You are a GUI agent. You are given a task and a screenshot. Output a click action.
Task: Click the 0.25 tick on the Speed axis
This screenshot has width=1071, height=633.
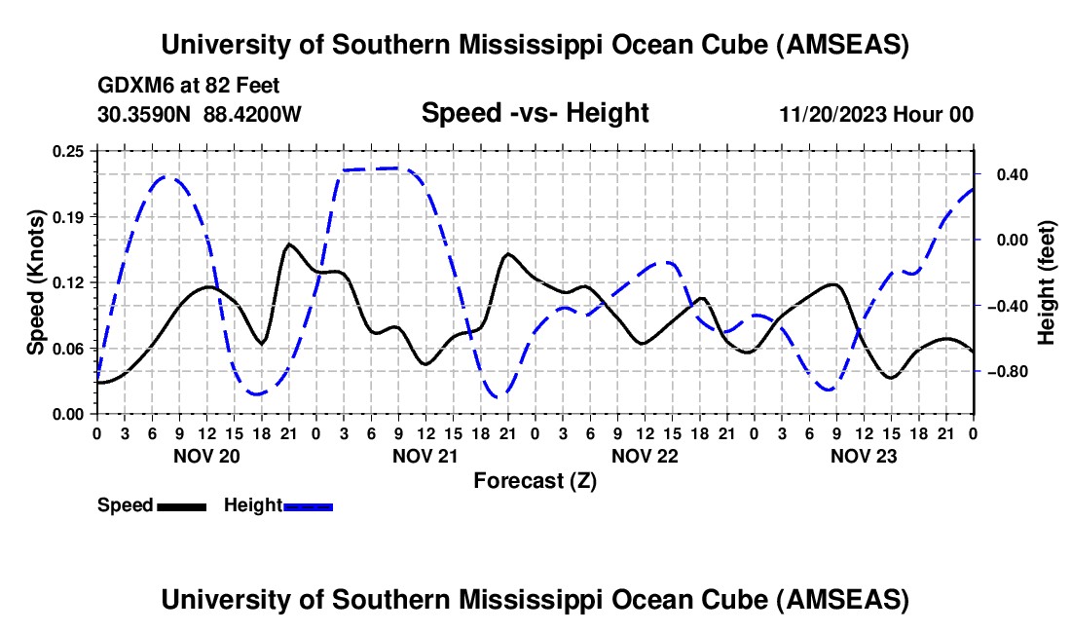[x=71, y=151]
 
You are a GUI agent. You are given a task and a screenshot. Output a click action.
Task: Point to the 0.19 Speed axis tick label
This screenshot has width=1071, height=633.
[x=71, y=216]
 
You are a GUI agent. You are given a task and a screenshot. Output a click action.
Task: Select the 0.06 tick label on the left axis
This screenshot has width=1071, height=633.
[x=71, y=348]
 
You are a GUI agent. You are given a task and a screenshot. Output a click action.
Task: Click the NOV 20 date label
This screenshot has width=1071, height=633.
[x=205, y=456]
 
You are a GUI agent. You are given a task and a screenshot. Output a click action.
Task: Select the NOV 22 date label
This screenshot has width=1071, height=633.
[x=644, y=456]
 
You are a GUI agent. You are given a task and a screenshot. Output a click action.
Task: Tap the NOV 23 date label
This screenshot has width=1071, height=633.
[x=863, y=456]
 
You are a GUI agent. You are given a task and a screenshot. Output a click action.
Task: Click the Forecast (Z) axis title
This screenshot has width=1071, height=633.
[x=535, y=480]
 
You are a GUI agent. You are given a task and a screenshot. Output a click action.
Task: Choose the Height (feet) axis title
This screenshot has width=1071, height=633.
[x=1047, y=282]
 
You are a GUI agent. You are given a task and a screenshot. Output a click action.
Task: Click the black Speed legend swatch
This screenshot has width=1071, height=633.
[x=181, y=505]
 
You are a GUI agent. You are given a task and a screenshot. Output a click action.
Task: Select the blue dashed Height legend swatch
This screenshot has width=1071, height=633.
[x=308, y=505]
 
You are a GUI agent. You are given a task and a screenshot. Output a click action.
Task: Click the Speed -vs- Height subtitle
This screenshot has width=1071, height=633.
[x=535, y=114]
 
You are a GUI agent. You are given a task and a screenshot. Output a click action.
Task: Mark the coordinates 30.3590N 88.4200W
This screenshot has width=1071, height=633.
[x=200, y=114]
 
